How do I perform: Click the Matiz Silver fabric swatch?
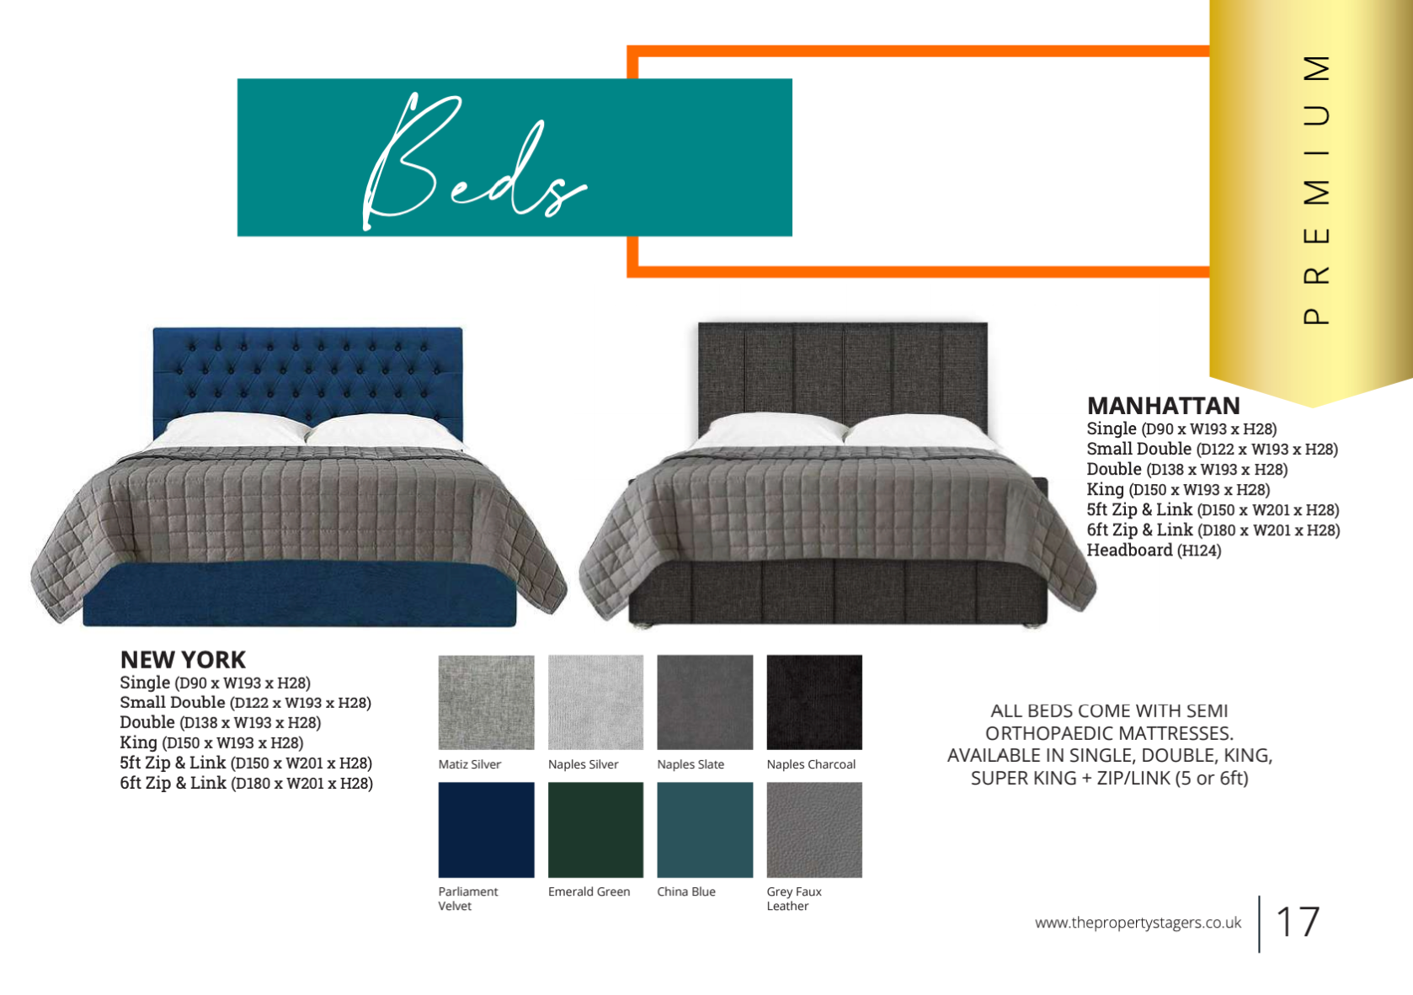coord(486,702)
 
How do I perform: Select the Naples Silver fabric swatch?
coord(595,702)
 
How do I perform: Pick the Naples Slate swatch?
coord(705,702)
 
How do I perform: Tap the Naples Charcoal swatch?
coord(814,702)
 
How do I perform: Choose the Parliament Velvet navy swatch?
coord(486,829)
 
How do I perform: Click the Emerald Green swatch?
coord(595,829)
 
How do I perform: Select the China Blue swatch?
coord(705,829)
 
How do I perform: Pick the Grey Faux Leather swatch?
coord(814,829)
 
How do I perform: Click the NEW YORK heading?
coord(183,659)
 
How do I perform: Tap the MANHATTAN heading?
coord(1163,406)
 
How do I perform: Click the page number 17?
coord(1297,923)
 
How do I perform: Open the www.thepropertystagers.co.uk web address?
coord(1138,923)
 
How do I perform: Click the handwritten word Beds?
coord(472,164)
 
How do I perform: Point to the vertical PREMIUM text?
coord(1316,189)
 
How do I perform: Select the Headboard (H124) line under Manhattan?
coord(1154,551)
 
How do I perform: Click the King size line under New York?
coord(211,742)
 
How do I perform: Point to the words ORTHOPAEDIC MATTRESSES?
coord(1109,733)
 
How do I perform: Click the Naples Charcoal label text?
coord(811,764)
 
